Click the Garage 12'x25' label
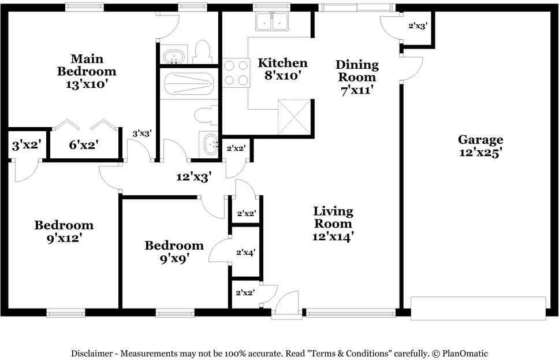pyautogui.click(x=480, y=146)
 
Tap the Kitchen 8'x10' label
pyautogui.click(x=282, y=69)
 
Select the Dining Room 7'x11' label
pyautogui.click(x=357, y=77)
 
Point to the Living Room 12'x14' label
pyautogui.click(x=333, y=224)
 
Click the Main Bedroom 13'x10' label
pyautogui.click(x=87, y=70)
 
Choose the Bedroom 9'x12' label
pyautogui.click(x=64, y=231)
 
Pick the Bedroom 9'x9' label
pyautogui.click(x=174, y=252)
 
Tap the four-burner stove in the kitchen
pyautogui.click(x=236, y=73)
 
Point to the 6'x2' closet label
pyautogui.click(x=84, y=145)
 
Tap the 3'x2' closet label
pyautogui.click(x=25, y=145)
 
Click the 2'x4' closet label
pyautogui.click(x=245, y=253)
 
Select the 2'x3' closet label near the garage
pyautogui.click(x=417, y=26)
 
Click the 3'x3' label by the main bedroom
pyautogui.click(x=142, y=133)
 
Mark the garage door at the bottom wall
pyautogui.click(x=478, y=308)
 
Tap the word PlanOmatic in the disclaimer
pyautogui.click(x=468, y=353)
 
